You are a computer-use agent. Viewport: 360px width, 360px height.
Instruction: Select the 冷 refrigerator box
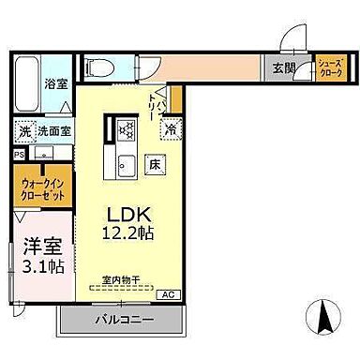[171, 129]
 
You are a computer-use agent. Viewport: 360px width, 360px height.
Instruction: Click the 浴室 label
[56, 83]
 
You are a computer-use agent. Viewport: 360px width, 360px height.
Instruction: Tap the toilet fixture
[98, 67]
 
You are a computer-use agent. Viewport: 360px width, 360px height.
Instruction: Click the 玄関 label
[284, 67]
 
